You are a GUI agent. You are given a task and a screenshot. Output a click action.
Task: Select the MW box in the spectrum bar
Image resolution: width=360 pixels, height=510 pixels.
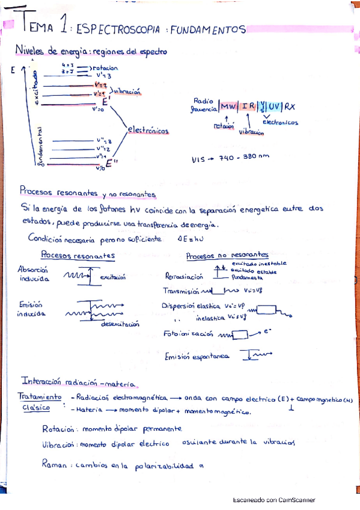point(228,106)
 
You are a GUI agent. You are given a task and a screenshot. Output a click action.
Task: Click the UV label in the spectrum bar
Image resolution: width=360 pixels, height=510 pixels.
point(275,106)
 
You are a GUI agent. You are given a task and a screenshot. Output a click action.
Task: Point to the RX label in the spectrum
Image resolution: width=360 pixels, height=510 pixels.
point(290,106)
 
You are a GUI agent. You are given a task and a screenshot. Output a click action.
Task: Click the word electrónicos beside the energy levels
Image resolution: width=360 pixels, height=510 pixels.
point(148,131)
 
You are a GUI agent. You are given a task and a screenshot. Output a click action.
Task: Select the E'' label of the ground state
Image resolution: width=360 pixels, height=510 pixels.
point(110,163)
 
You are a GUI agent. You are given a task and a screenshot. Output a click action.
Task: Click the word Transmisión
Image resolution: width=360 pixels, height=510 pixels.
point(183,290)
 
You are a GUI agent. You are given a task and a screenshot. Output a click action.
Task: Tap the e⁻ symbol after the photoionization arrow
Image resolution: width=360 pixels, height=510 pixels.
point(267,330)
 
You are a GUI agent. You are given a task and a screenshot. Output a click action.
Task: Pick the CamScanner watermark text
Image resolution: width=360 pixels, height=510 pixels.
point(274,500)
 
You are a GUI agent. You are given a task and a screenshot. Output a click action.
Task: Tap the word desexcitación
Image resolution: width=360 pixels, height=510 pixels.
point(120,323)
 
